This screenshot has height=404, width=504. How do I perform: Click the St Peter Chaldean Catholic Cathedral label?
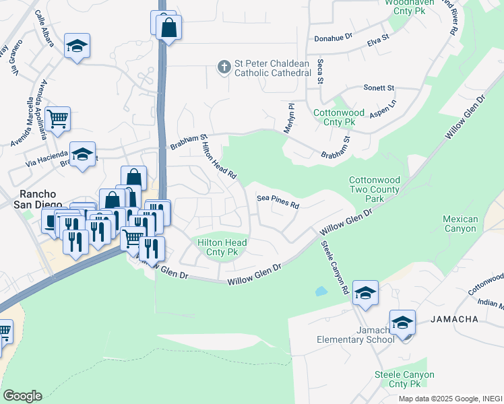272,67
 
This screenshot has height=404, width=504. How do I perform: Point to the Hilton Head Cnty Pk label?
222,247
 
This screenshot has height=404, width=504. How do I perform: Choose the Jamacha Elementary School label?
356,335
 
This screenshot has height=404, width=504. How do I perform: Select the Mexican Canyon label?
461,224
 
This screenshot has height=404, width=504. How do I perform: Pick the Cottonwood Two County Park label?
375,189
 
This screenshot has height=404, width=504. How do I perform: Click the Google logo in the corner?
22,395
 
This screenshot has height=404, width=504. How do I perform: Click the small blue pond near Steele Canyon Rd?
321,292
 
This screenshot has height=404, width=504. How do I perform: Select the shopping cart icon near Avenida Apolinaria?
58,119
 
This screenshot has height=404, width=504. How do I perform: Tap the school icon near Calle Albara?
77,46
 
